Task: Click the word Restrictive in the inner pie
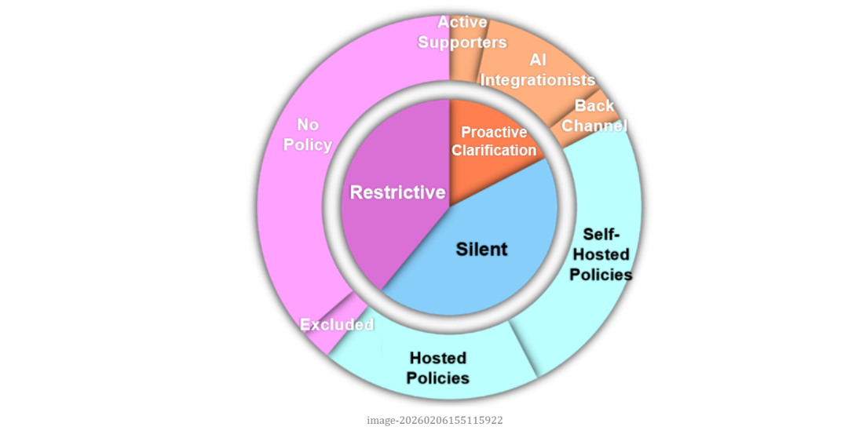[397, 192]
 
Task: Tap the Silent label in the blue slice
[482, 250]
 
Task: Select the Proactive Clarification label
[494, 141]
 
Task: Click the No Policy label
[308, 134]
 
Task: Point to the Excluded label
[337, 324]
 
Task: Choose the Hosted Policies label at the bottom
[438, 367]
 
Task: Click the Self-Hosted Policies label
[601, 254]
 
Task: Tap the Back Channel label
[595, 115]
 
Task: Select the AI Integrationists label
[538, 70]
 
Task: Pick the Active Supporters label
[462, 32]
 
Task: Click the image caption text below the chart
[435, 420]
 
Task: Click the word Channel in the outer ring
[595, 126]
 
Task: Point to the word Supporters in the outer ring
[462, 42]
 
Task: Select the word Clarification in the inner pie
[494, 150]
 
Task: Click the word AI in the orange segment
[538, 60]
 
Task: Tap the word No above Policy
[308, 124]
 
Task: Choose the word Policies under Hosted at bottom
[438, 378]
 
